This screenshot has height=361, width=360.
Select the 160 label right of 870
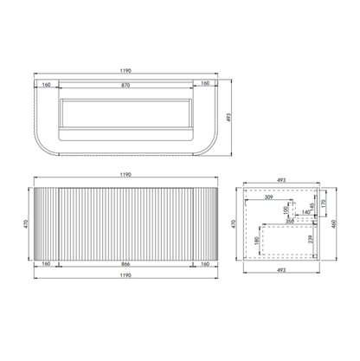point(204,84)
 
